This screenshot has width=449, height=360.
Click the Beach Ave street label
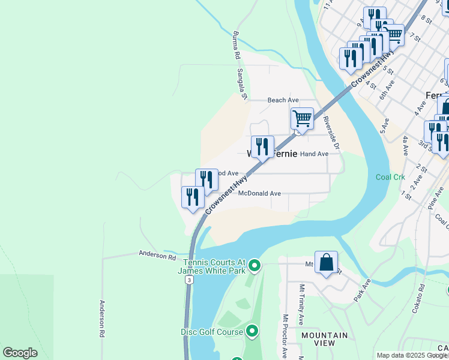[x=283, y=100]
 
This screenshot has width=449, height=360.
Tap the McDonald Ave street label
[x=259, y=194]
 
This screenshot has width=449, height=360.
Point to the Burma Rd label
[x=237, y=46]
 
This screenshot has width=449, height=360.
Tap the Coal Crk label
[x=391, y=177]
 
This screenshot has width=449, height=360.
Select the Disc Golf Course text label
[x=211, y=332]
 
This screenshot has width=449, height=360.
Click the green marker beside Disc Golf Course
[x=252, y=331]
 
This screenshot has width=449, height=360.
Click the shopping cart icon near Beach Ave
[x=302, y=119]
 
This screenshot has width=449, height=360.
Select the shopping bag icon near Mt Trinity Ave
[x=326, y=262]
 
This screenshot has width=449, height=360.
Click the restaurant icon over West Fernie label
[x=262, y=147]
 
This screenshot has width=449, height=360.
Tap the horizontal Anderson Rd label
[x=157, y=256]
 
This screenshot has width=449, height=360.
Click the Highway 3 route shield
[x=190, y=280]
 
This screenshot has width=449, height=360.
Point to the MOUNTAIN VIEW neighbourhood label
[x=324, y=339]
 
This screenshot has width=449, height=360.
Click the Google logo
[x=19, y=353]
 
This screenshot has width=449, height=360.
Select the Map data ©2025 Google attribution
[x=412, y=355]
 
